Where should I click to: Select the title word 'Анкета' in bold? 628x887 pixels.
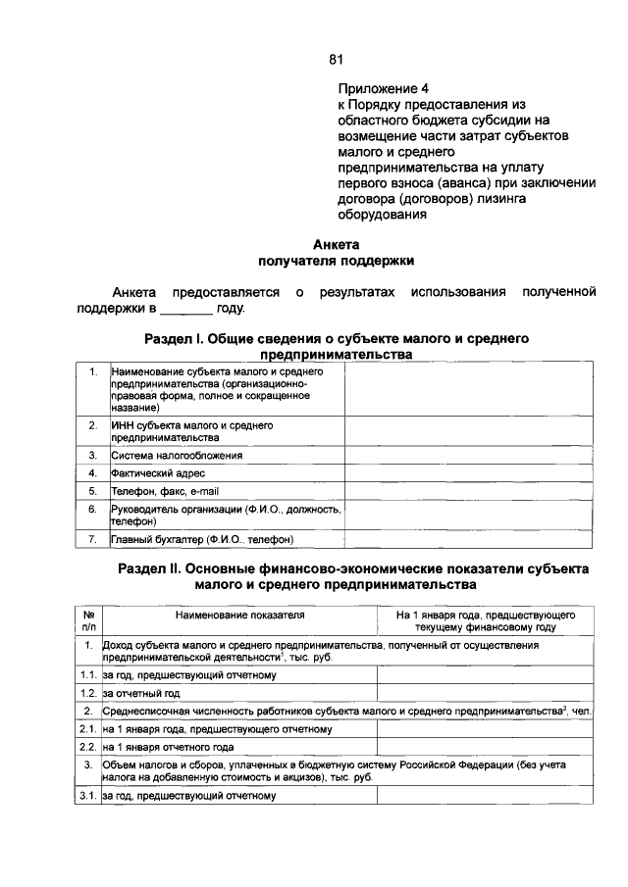[x=337, y=244]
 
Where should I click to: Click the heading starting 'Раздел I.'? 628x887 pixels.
[x=337, y=338]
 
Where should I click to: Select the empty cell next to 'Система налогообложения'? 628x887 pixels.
[x=468, y=456]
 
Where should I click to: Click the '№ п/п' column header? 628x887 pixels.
[x=89, y=621]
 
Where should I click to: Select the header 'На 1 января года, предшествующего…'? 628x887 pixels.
[x=486, y=621]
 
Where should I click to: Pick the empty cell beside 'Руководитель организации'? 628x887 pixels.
[x=468, y=516]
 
